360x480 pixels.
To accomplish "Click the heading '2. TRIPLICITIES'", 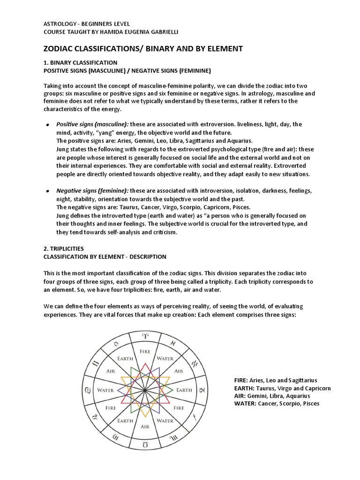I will pos(64,248).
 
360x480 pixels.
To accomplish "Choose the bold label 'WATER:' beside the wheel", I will pos(245,404).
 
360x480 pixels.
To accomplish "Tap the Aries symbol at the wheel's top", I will pos(145,336).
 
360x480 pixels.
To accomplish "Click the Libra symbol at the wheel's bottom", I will pos(145,444).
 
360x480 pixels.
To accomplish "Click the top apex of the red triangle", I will pos(145,363).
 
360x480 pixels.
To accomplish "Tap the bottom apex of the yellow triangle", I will pos(145,416).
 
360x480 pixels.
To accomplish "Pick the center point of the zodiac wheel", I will pos(145,390).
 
